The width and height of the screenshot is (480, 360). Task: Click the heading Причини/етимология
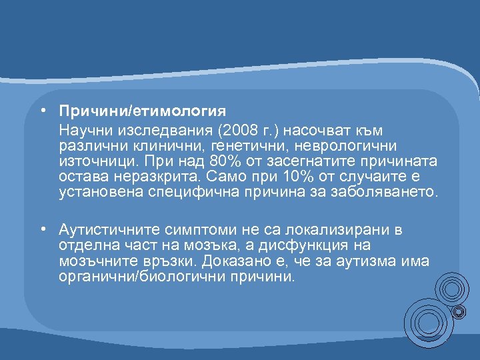142,109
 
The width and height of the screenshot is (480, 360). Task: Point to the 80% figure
227,161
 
